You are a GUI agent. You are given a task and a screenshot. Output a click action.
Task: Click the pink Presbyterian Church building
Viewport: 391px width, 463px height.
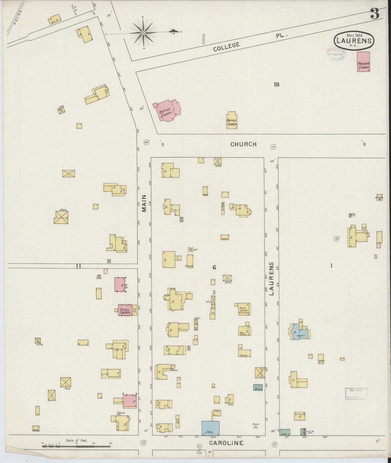[363, 62]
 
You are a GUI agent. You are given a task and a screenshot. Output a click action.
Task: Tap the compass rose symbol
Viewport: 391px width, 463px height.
[143, 33]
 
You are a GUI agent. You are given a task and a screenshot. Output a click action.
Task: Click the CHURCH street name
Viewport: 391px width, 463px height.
[243, 144]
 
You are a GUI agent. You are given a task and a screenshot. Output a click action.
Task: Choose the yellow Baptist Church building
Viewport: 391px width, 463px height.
[232, 120]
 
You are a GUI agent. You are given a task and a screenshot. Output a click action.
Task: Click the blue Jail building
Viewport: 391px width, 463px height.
[210, 428]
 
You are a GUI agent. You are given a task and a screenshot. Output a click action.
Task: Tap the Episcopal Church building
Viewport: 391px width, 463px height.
[126, 310]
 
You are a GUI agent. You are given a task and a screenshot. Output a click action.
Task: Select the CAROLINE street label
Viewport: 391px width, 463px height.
[226, 443]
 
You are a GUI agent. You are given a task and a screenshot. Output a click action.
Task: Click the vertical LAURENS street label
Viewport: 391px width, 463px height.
[272, 278]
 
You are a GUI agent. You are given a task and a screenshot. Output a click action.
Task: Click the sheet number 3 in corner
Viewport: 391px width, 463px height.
[374, 14]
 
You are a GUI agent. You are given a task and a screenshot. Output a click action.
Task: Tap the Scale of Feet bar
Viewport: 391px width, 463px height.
[76, 446]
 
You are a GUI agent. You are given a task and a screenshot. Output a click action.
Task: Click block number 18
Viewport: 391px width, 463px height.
[276, 85]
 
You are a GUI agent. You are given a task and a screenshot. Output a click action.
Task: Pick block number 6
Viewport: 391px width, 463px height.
[214, 267]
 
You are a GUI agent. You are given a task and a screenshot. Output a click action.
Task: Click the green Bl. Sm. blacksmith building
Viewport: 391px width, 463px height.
[258, 388]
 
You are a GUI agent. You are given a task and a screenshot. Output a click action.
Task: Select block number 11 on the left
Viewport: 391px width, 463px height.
[78, 266]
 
